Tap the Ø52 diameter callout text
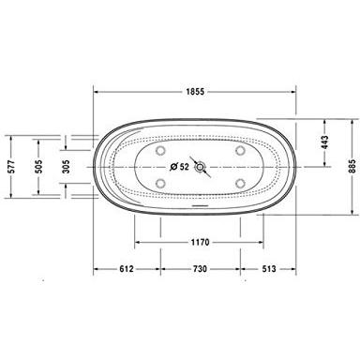click(179, 168)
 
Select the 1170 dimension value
click(198, 240)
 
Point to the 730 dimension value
click(198, 267)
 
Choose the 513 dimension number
click(268, 267)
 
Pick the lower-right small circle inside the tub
click(239, 184)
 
